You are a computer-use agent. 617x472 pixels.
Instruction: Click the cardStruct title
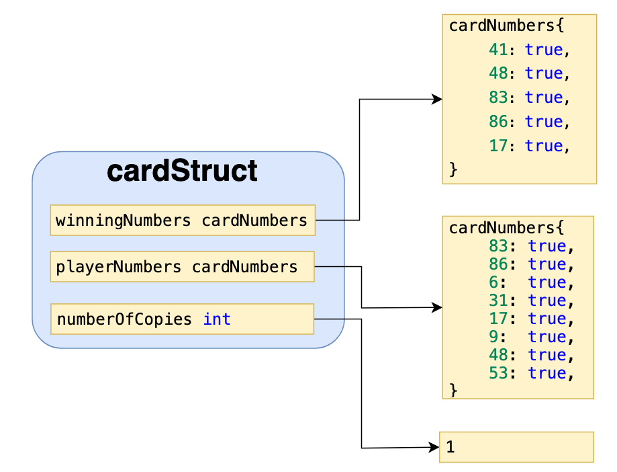pos(182,171)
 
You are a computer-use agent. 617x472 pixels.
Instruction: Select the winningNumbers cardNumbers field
pos(182,220)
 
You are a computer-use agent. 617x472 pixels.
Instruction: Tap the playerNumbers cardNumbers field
pos(182,267)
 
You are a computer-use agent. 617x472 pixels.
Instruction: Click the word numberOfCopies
pos(125,319)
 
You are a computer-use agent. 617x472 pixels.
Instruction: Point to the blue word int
pos(217,319)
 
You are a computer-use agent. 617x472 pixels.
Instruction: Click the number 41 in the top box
pos(497,49)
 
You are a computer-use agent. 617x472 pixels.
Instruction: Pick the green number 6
pos(493,282)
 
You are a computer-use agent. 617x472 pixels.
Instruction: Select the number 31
pos(497,301)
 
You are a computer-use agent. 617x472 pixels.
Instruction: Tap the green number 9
pos(493,337)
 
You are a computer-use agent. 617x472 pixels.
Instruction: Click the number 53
pos(497,373)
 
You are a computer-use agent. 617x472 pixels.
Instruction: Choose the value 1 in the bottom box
pos(450,447)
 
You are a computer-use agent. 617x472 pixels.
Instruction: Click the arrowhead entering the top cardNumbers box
pos(438,100)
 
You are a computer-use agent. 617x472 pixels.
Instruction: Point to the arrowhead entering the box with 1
pos(434,447)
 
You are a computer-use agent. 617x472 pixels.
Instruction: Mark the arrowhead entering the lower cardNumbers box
pos(438,307)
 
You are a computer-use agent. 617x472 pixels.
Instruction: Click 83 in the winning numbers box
pos(497,97)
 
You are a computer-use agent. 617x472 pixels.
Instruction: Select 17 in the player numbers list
pos(497,319)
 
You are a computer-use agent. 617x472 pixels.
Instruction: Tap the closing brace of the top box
pos(453,170)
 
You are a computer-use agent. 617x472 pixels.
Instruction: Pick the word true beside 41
pos(543,49)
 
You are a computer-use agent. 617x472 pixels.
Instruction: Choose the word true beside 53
pos(547,373)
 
